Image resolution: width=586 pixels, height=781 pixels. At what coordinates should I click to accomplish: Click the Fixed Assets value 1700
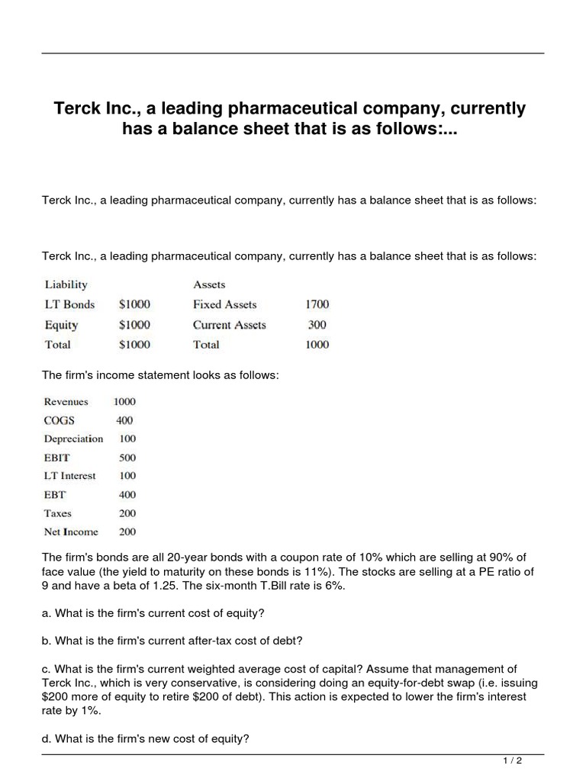[317, 304]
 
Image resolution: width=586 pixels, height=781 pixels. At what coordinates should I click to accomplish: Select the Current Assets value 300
[317, 325]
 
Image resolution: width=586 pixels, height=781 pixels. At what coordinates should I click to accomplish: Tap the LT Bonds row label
[69, 304]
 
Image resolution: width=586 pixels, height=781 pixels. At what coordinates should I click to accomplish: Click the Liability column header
[66, 284]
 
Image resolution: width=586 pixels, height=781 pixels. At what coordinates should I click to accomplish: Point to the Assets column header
[209, 284]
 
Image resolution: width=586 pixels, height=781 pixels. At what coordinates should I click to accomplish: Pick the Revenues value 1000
[124, 402]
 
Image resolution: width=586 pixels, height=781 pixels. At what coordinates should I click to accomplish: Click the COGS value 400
[124, 420]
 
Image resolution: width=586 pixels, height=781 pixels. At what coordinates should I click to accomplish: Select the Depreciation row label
[73, 439]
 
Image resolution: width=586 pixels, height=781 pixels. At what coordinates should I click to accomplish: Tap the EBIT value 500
[127, 458]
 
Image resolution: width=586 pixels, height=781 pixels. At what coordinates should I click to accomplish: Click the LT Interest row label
[70, 476]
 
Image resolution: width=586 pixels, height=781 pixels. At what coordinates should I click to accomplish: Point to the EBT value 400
[127, 495]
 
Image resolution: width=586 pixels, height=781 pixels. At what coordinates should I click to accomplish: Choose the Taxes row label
[58, 513]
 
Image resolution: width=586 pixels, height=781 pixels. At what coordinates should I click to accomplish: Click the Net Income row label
[71, 532]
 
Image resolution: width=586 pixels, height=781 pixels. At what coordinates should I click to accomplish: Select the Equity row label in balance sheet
[61, 325]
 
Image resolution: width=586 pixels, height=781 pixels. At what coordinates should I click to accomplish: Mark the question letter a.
[45, 613]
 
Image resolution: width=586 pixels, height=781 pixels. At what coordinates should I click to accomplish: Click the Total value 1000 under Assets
[317, 345]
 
